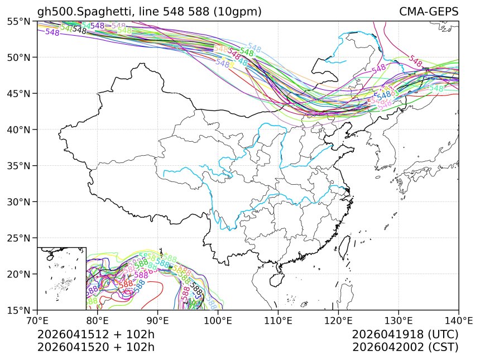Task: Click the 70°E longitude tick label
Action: (37, 321)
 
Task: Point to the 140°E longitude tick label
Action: (458, 321)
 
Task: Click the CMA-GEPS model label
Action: (429, 12)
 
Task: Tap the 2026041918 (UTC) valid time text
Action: (405, 334)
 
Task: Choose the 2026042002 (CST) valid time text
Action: (405, 347)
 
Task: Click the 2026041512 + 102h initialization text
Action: (95, 334)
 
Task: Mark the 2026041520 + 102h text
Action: (95, 347)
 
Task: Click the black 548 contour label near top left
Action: (80, 30)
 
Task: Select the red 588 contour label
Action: (126, 284)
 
